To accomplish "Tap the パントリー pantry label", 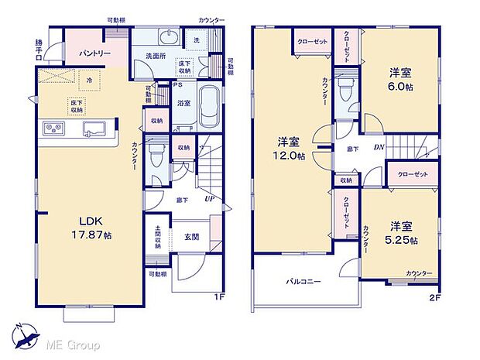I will point(94,53).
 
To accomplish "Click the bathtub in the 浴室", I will point(210,109).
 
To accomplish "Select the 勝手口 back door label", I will point(39,49).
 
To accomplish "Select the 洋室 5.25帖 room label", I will point(400,232).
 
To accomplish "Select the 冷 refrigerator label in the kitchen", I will point(89,80).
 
